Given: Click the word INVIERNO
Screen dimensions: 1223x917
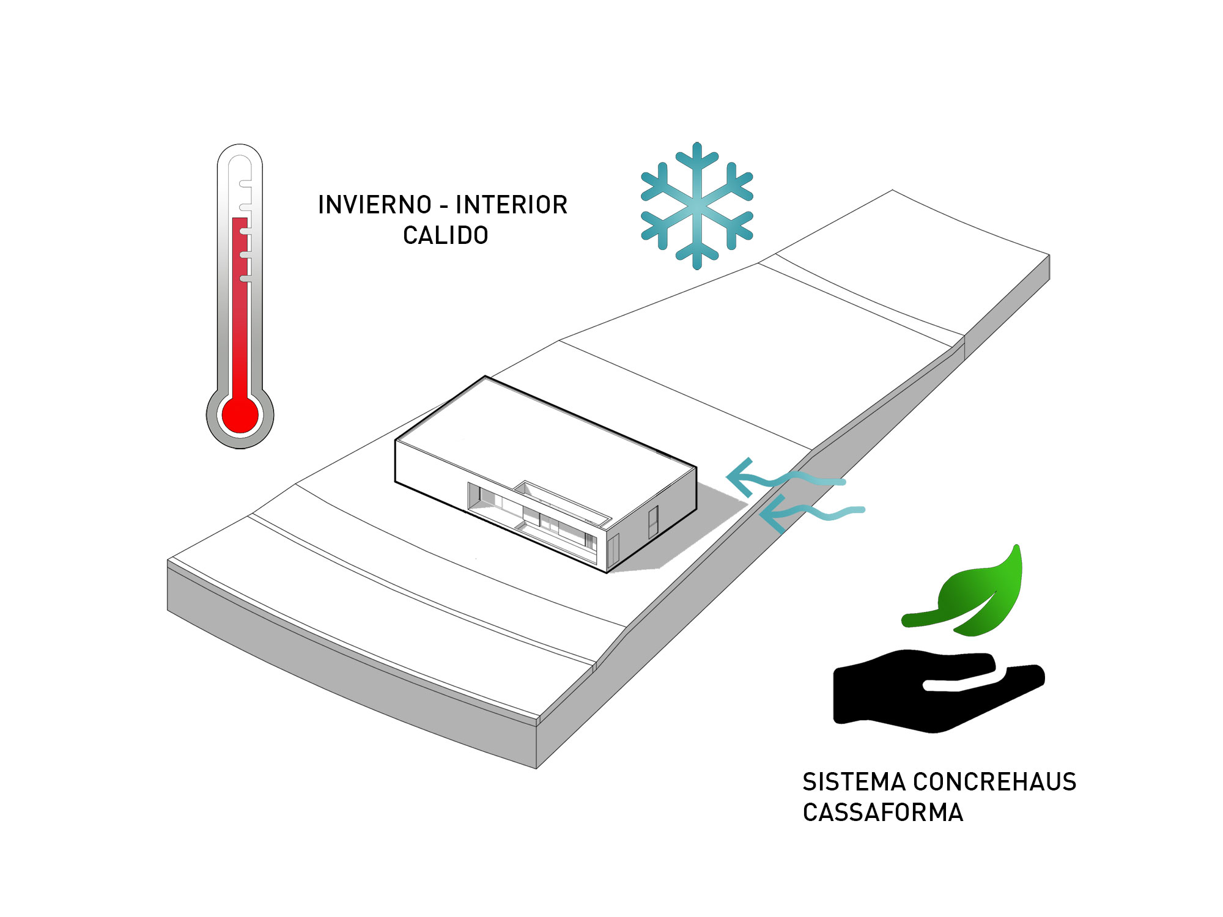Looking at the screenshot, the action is click(375, 205).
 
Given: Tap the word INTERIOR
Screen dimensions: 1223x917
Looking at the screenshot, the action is click(512, 205).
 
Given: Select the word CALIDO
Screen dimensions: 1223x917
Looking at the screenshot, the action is click(446, 235).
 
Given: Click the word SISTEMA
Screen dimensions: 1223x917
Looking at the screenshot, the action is click(854, 782).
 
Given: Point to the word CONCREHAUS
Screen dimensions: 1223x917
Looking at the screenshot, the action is click(995, 782).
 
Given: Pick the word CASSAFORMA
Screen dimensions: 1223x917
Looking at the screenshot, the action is click(883, 812).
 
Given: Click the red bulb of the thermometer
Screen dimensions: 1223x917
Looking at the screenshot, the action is click(240, 415).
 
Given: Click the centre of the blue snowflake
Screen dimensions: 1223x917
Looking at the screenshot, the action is click(696, 205).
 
